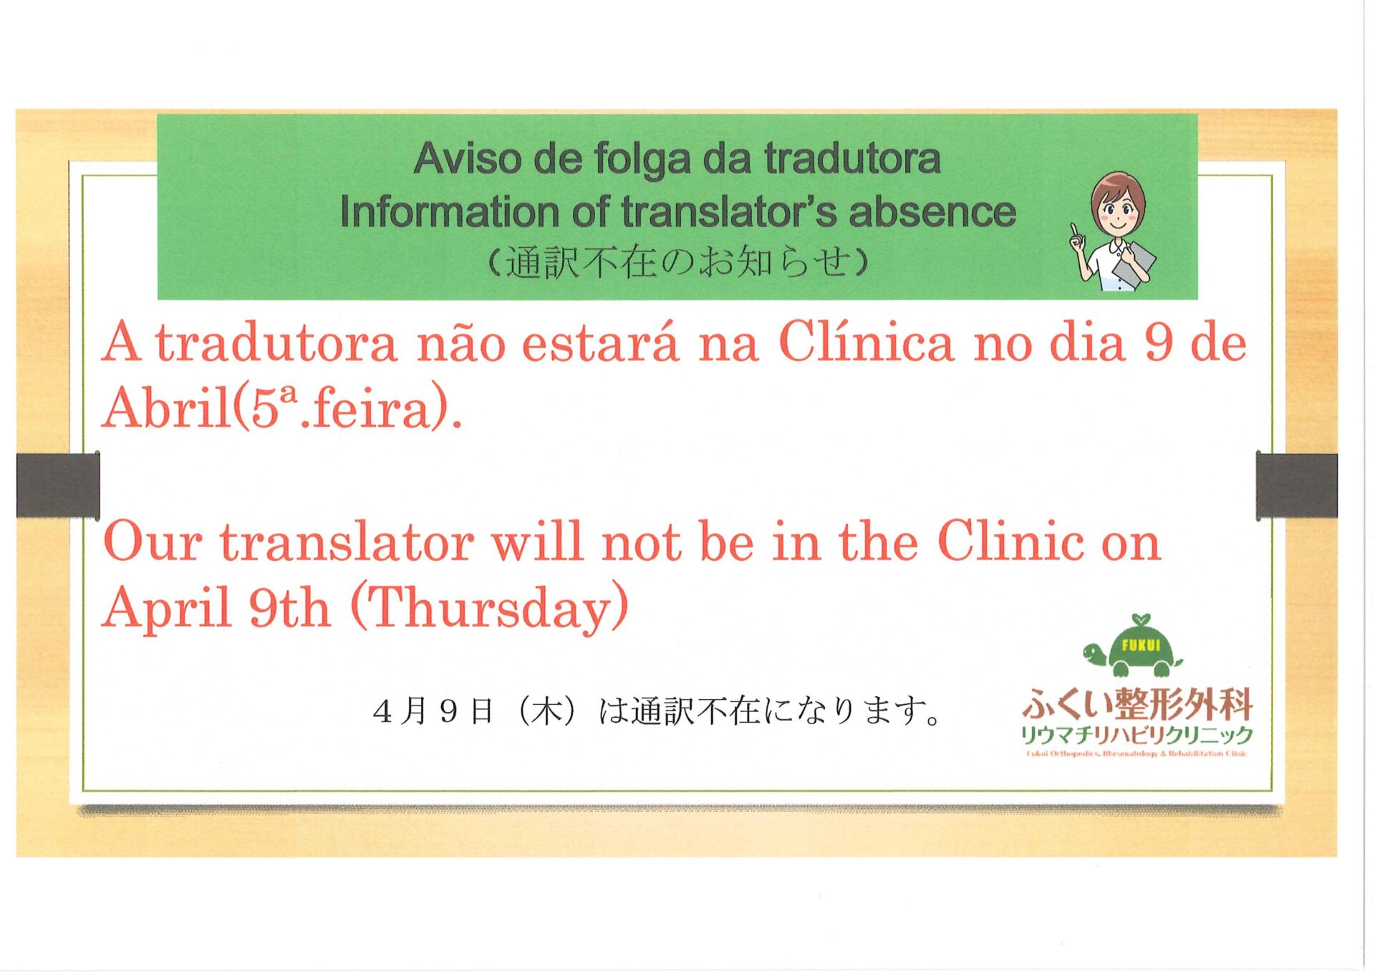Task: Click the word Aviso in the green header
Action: [468, 158]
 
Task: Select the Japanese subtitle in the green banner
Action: [677, 262]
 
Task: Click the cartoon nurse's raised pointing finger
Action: [1074, 231]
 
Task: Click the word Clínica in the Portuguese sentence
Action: [867, 343]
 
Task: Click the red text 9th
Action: [289, 607]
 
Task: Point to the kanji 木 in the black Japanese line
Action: [546, 711]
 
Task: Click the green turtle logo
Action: [1132, 646]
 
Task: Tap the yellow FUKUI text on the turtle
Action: [1141, 645]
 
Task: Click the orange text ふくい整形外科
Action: [1137, 704]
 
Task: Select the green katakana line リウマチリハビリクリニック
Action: [1137, 735]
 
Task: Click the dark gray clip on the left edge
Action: [58, 485]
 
